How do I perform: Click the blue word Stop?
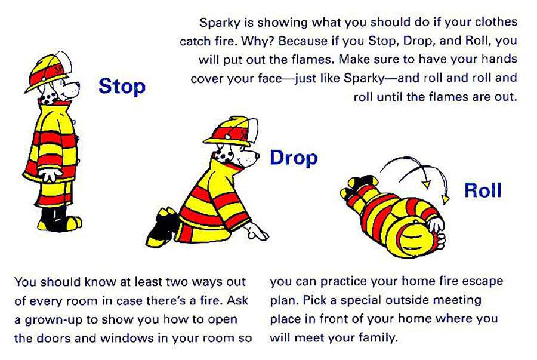pyautogui.click(x=122, y=86)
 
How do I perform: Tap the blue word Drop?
pyautogui.click(x=294, y=158)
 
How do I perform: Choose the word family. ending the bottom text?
pyautogui.click(x=374, y=338)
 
